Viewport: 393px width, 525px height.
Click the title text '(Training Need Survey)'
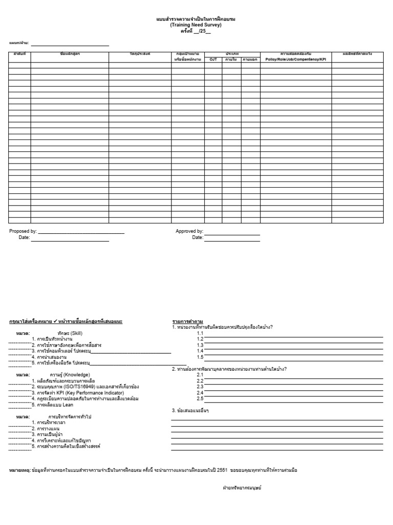point(196,25)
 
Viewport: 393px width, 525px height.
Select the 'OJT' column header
point(213,59)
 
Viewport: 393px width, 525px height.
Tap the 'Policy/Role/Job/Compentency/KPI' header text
point(296,59)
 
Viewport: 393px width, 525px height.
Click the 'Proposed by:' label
point(23,231)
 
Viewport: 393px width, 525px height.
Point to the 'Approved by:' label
point(189,231)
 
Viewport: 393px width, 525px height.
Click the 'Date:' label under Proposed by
point(24,237)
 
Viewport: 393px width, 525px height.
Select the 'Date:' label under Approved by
point(198,237)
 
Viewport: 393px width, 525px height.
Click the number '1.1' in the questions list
point(200,333)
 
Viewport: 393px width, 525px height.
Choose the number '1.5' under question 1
point(200,357)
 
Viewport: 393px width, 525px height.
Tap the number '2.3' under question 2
point(200,387)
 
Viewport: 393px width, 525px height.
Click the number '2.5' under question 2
point(200,398)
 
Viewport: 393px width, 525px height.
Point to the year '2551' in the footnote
point(221,470)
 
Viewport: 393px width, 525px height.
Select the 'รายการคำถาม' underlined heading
point(185,321)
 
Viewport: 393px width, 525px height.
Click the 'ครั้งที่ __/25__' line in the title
point(195,31)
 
